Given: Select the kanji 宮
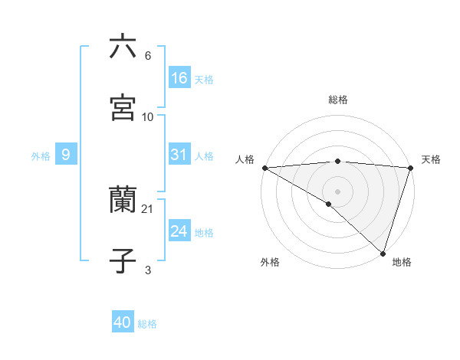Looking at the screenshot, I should point(123,108).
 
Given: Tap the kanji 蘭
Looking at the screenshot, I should point(123,201).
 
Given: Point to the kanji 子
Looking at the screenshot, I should point(123,261).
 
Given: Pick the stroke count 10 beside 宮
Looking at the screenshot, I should point(148,116).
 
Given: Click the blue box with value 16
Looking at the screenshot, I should point(179,77).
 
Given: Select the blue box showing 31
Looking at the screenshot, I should point(179,155).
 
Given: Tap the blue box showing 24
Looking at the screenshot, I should point(179,231).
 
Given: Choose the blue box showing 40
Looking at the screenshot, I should point(123,323).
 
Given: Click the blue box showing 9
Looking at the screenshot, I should point(66,155).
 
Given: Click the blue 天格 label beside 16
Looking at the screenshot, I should point(204,79).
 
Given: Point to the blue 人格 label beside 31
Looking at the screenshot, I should point(204,155).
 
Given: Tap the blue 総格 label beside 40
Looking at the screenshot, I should point(147,324).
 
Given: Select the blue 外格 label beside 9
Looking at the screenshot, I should point(41,155).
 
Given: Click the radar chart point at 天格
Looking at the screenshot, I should point(411,168).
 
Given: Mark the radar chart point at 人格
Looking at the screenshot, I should point(264,168).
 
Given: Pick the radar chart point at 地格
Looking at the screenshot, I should point(383,253).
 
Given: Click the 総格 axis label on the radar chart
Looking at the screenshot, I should point(338,100).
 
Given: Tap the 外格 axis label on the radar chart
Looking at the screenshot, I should point(270,262).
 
